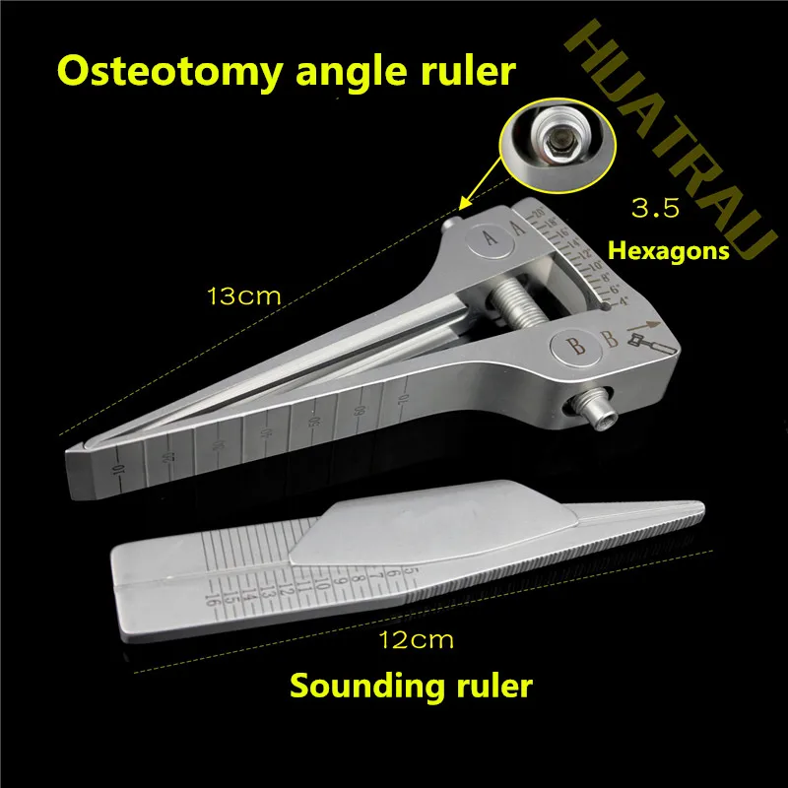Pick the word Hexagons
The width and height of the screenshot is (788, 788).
coord(670,250)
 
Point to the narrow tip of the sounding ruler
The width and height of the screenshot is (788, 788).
coord(694,507)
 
